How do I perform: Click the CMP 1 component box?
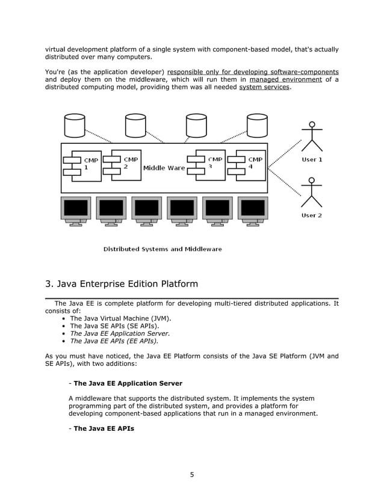86,165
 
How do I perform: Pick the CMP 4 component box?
251,164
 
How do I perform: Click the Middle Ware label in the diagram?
164,168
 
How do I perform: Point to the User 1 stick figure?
312,137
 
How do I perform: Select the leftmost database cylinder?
75,125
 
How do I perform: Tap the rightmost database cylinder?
257,125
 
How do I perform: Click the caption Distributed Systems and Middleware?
163,249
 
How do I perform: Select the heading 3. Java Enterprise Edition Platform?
122,283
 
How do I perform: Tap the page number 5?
192,475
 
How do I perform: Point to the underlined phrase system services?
264,87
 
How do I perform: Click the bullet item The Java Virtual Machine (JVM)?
121,318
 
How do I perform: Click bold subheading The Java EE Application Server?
128,383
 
